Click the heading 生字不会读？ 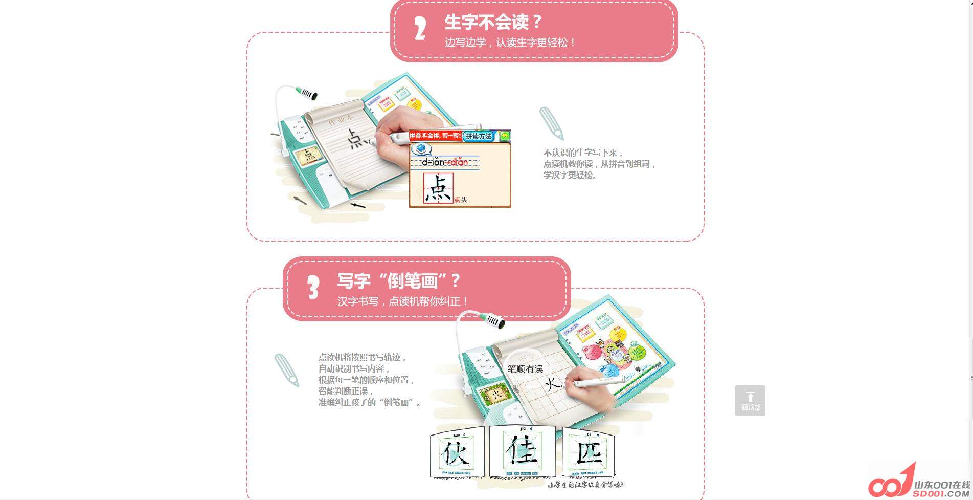(x=492, y=22)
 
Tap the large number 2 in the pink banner (x=420, y=29)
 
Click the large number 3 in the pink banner (x=313, y=288)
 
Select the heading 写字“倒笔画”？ (x=398, y=280)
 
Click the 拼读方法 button (x=479, y=136)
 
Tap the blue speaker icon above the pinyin (x=421, y=149)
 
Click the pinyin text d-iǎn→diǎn (x=444, y=162)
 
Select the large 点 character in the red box (x=438, y=188)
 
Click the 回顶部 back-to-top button (x=750, y=401)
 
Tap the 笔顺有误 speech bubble (x=525, y=369)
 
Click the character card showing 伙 (x=457, y=452)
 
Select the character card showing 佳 (x=522, y=450)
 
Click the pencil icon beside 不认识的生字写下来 (x=551, y=124)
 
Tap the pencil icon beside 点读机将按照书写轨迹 (x=286, y=370)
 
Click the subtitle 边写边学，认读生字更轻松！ (x=510, y=42)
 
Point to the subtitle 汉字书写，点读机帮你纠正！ (x=402, y=301)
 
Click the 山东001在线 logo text (x=942, y=485)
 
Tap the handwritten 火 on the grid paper (x=553, y=383)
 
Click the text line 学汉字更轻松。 (x=570, y=175)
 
